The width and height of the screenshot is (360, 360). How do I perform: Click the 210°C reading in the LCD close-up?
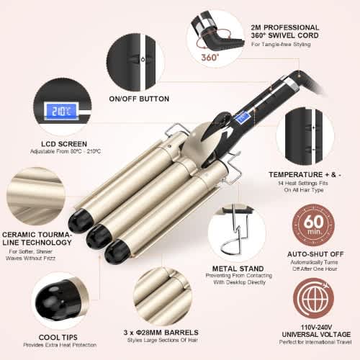pyautogui.click(x=61, y=112)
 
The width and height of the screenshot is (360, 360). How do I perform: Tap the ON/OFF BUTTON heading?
pyautogui.click(x=139, y=99)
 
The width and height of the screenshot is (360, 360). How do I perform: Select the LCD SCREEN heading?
pyautogui.click(x=64, y=144)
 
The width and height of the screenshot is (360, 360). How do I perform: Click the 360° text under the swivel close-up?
pyautogui.click(x=210, y=58)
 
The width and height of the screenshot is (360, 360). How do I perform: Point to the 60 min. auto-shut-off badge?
pyautogui.click(x=313, y=225)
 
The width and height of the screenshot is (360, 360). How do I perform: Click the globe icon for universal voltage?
pyautogui.click(x=313, y=298)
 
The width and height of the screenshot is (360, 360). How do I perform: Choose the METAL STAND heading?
pyautogui.click(x=238, y=269)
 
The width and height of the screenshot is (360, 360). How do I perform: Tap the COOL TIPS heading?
pyautogui.click(x=58, y=337)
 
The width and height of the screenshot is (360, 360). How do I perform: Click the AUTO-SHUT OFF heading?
pyautogui.click(x=315, y=254)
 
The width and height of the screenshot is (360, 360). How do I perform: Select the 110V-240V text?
pyautogui.click(x=316, y=327)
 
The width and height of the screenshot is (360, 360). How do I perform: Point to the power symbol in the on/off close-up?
pyautogui.click(x=143, y=59)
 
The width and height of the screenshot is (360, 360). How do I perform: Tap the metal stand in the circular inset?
pyautogui.click(x=236, y=230)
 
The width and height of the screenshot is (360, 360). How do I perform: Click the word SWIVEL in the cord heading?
pyautogui.click(x=281, y=35)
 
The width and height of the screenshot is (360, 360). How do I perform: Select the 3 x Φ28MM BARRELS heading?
pyautogui.click(x=161, y=333)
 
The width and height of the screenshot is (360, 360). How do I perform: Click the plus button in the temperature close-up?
pyautogui.click(x=313, y=127)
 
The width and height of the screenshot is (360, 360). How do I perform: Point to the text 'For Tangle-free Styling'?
pyautogui.click(x=281, y=45)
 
